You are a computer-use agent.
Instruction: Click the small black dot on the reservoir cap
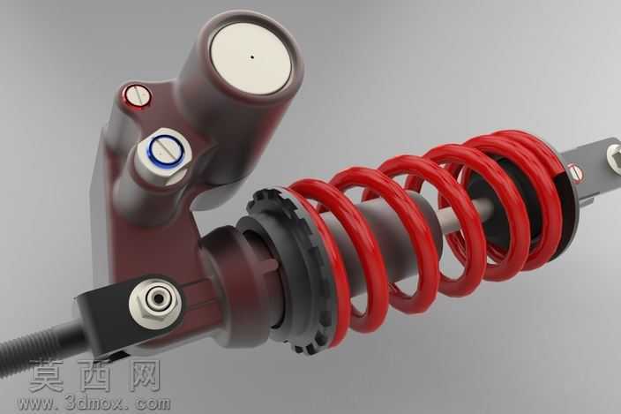(x=252, y=56)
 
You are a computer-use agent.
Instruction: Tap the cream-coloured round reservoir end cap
(x=251, y=58)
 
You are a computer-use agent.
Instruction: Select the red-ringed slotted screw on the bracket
(x=137, y=95)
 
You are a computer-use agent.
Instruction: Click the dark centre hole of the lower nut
(x=159, y=298)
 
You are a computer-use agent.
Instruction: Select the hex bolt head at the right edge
(x=614, y=159)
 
